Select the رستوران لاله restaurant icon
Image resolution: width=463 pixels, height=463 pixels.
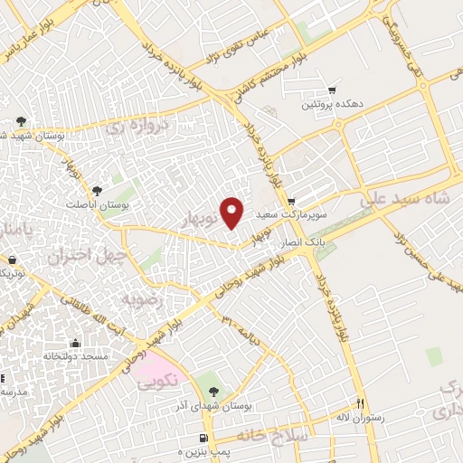pyautogui.click(x=360, y=403)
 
